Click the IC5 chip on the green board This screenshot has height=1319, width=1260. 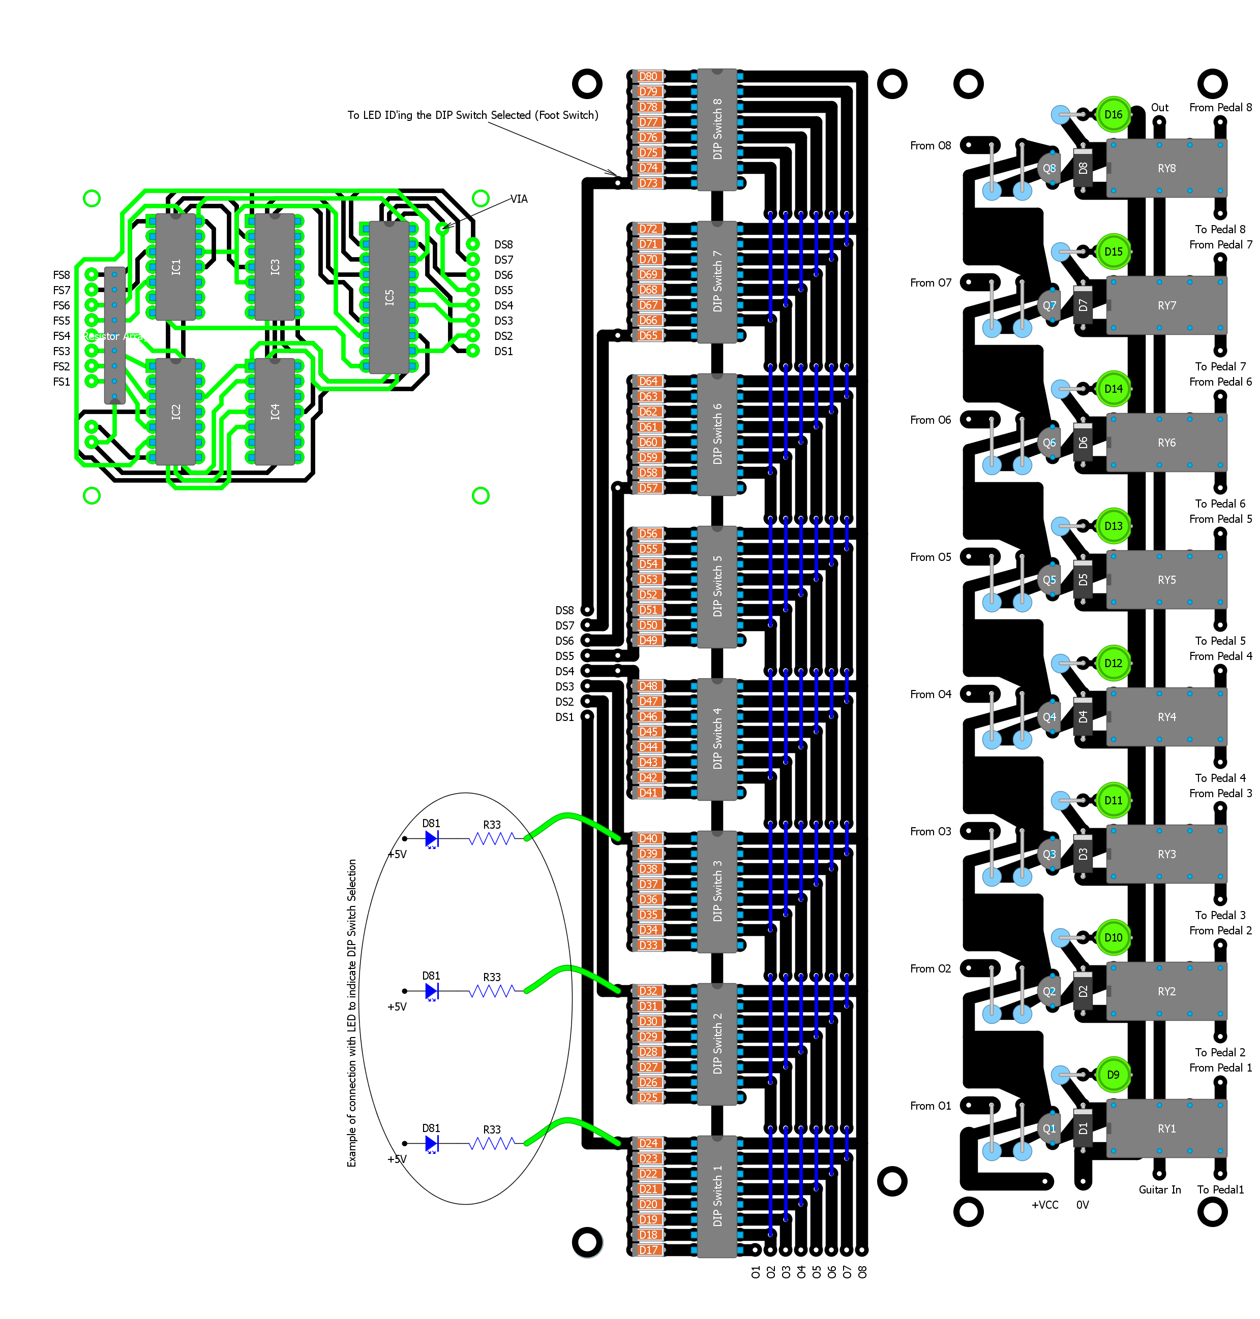(x=389, y=297)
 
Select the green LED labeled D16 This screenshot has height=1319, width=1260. (x=1113, y=114)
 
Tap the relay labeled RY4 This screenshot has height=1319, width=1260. (x=1166, y=717)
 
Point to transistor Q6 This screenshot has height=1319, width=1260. (x=1048, y=443)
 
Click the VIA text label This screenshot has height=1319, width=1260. (x=519, y=199)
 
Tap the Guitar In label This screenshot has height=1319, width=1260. (x=1159, y=1189)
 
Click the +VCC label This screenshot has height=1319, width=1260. (x=1044, y=1205)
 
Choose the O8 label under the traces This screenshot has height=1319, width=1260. (x=862, y=1272)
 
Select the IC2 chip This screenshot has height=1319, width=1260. (x=176, y=412)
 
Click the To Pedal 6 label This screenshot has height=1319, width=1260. (x=1220, y=504)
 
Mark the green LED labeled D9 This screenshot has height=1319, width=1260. (x=1113, y=1075)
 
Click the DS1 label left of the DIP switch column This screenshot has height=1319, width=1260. (x=564, y=717)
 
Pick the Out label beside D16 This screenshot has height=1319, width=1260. (x=1159, y=107)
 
